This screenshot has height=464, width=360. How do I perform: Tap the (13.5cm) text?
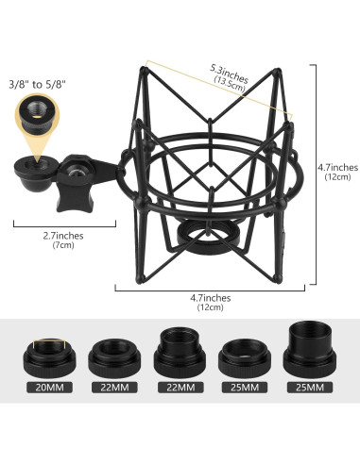click(x=231, y=82)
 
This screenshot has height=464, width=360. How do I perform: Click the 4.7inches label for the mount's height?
click(x=337, y=168)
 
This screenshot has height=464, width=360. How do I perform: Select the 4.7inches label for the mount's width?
click(x=209, y=298)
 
